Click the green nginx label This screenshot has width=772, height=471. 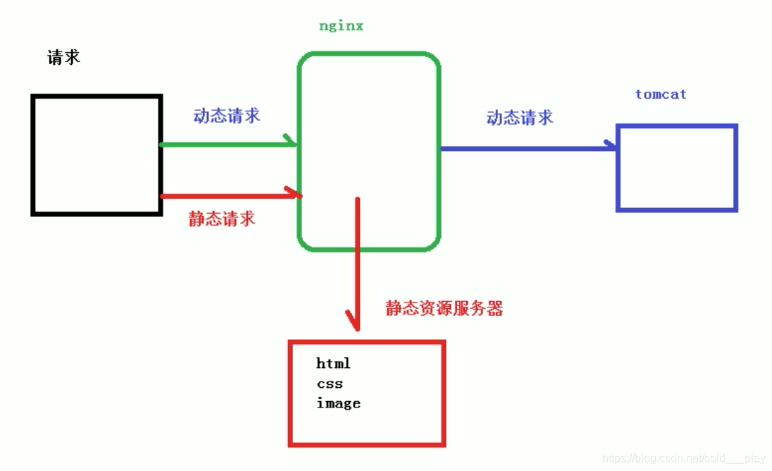pyautogui.click(x=341, y=27)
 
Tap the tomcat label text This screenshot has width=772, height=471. pyautogui.click(x=660, y=94)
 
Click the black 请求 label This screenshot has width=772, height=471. pyautogui.click(x=63, y=58)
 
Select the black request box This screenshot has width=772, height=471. pyautogui.click(x=96, y=154)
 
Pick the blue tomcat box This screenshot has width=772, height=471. pyautogui.click(x=676, y=168)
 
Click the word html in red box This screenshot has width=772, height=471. pyautogui.click(x=333, y=364)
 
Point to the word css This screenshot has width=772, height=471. pyautogui.click(x=330, y=384)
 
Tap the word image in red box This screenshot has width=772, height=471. pyautogui.click(x=338, y=403)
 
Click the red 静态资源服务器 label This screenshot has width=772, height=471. pyautogui.click(x=444, y=308)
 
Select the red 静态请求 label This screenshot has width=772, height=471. pyautogui.click(x=222, y=219)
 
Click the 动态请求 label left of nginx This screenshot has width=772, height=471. pyautogui.click(x=227, y=116)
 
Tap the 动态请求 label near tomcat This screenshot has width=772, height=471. pyautogui.click(x=520, y=118)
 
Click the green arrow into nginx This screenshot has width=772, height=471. pyautogui.click(x=225, y=145)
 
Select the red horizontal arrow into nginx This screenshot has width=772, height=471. pyautogui.click(x=225, y=195)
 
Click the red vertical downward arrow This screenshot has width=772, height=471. pyautogui.click(x=358, y=261)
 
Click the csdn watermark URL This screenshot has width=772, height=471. pyautogui.click(x=684, y=458)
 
